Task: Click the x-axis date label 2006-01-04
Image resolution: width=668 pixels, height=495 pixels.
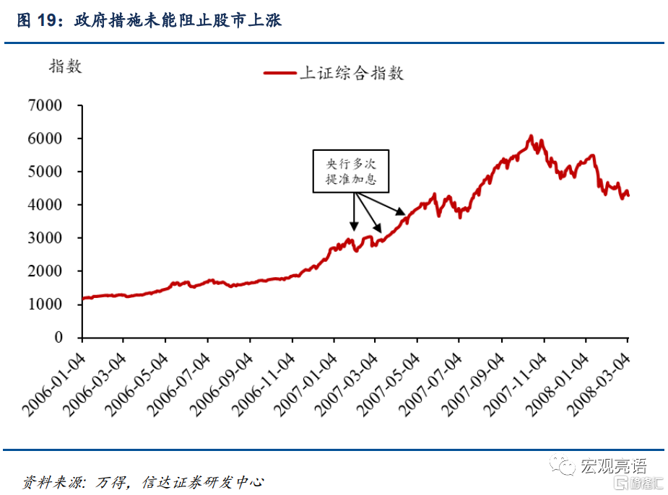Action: pyautogui.click(x=55, y=383)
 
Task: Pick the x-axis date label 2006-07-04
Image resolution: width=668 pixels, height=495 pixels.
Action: pyautogui.click(x=181, y=383)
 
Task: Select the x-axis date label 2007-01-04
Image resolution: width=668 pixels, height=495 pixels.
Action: pyautogui.click(x=306, y=383)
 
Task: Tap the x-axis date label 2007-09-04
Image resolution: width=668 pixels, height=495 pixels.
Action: pyautogui.click(x=474, y=383)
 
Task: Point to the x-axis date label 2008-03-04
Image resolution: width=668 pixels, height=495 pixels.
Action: pyautogui.click(x=601, y=383)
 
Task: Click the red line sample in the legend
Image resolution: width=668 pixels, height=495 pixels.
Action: pyautogui.click(x=279, y=74)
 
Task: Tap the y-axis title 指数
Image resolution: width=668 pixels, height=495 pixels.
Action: pyautogui.click(x=65, y=67)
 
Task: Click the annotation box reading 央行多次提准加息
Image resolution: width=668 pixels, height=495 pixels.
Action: pyautogui.click(x=351, y=171)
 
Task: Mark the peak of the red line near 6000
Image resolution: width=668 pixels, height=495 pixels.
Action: pyautogui.click(x=531, y=136)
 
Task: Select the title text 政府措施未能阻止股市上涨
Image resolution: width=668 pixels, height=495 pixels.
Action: pyautogui.click(x=178, y=21)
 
